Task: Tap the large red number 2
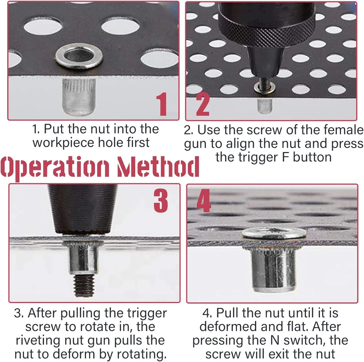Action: tap(203, 104)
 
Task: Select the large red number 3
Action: tap(161, 200)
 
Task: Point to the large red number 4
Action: tap(203, 200)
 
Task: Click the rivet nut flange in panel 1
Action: tap(79, 56)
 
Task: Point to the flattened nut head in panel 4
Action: tap(274, 233)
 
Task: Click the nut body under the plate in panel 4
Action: tap(273, 269)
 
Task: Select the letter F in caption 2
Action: tap(286, 157)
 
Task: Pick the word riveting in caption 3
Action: tap(38, 341)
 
